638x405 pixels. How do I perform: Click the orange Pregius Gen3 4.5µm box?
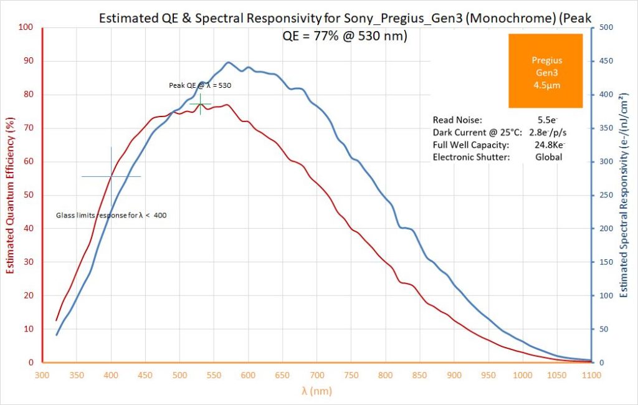[546, 71]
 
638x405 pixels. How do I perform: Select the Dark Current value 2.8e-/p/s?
[548, 132]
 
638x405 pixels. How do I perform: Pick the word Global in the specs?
[548, 157]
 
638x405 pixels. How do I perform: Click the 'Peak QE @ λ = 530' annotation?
[200, 85]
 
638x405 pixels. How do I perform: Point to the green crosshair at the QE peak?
[200, 103]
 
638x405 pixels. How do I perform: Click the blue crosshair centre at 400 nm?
[111, 176]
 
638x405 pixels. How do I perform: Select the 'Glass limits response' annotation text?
[111, 215]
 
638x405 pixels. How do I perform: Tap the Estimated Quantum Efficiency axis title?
[10, 195]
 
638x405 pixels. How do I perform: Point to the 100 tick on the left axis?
[26, 27]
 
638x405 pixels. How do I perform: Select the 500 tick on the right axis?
[606, 27]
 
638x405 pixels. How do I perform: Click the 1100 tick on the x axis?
[591, 375]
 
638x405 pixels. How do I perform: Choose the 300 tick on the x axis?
[42, 375]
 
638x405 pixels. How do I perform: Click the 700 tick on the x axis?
[317, 375]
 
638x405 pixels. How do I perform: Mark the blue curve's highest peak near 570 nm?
[228, 62]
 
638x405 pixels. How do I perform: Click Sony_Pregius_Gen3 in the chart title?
[376, 19]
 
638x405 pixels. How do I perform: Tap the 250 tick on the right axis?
[606, 195]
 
